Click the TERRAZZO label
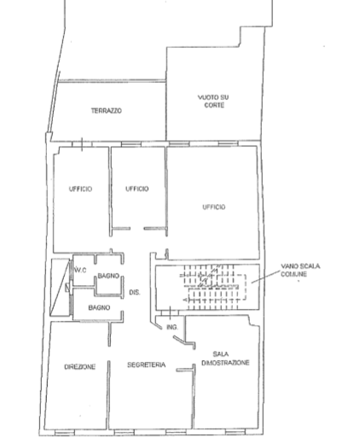(x=107, y=111)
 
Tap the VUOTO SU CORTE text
(x=213, y=102)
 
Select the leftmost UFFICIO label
(x=80, y=189)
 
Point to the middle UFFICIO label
(x=137, y=189)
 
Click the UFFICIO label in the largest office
(x=214, y=207)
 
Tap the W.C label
(x=80, y=270)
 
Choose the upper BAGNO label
(x=108, y=276)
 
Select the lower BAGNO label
(x=99, y=307)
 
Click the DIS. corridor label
(x=135, y=292)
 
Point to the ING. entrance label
(x=172, y=327)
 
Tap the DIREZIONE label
(x=80, y=367)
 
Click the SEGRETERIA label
(x=146, y=364)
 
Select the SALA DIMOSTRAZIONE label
(x=225, y=358)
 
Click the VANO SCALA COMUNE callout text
(x=300, y=270)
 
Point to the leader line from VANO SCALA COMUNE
(x=265, y=277)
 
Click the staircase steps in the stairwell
(x=212, y=287)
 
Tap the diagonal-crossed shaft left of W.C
(x=60, y=288)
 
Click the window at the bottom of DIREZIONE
(x=64, y=433)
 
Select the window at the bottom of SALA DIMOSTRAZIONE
(x=235, y=433)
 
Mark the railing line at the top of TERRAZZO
(x=112, y=81)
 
